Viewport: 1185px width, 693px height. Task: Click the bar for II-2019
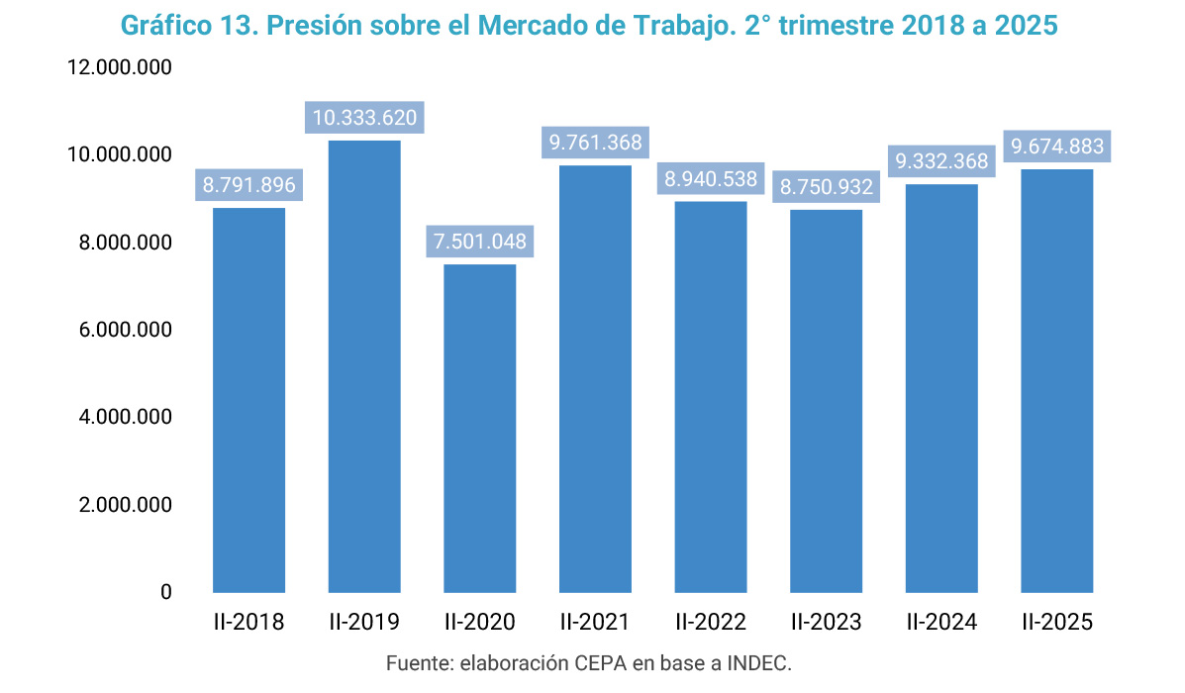click(364, 366)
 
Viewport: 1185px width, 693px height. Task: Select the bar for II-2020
click(480, 428)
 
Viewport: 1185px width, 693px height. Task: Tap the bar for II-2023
click(826, 401)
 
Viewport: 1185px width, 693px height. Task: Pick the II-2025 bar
click(1057, 380)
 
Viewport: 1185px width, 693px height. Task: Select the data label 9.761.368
click(596, 143)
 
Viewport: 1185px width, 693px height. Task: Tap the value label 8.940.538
click(711, 179)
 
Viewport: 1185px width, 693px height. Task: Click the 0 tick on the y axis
click(165, 592)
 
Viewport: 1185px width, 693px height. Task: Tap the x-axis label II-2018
click(248, 623)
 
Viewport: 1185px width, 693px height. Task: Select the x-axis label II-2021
click(595, 623)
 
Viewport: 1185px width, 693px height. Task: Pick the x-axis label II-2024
click(941, 623)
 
